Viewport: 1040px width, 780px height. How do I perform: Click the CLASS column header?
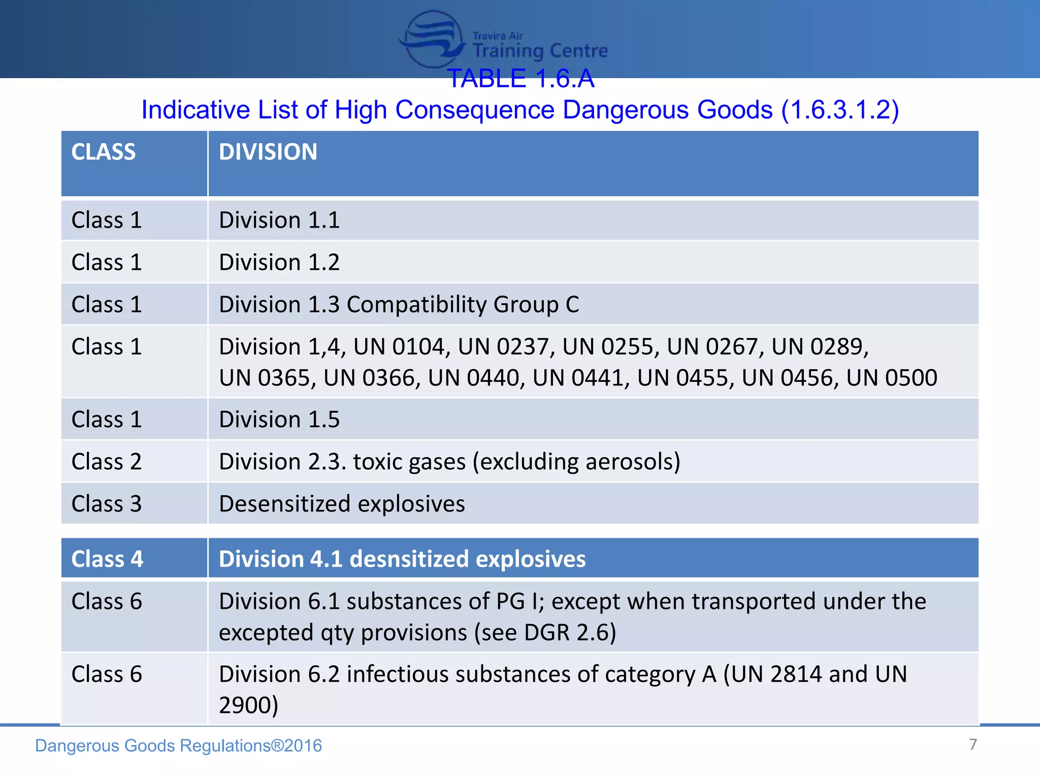(x=104, y=152)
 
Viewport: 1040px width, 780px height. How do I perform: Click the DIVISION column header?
(x=268, y=152)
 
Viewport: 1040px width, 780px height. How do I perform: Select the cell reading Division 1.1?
(x=279, y=220)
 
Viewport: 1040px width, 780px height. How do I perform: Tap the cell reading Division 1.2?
(x=279, y=263)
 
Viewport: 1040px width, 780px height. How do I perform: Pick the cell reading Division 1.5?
(x=279, y=419)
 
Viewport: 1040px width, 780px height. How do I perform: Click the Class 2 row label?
(x=107, y=462)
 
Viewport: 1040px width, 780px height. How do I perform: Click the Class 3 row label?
(x=107, y=504)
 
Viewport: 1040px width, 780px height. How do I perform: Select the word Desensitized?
(x=285, y=504)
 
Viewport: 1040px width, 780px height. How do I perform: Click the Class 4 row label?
(x=107, y=559)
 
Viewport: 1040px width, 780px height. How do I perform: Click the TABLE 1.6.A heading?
(x=521, y=79)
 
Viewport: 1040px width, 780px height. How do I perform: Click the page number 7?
(x=973, y=744)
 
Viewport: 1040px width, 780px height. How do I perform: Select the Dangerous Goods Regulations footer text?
(x=178, y=745)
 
